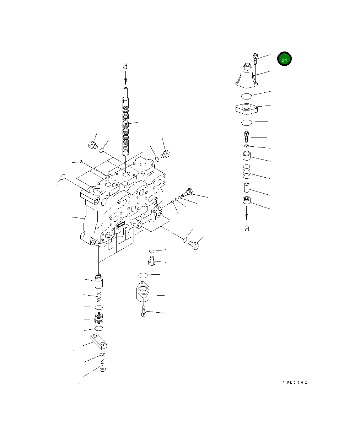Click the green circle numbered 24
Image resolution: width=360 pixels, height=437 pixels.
click(x=284, y=59)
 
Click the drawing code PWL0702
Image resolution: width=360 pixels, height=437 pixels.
click(x=295, y=383)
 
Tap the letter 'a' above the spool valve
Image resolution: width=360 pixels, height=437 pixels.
click(x=125, y=66)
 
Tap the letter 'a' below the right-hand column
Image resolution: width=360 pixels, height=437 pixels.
click(x=247, y=228)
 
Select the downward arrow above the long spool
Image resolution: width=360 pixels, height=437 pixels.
click(x=126, y=78)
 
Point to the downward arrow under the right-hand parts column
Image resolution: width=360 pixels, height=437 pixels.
click(x=247, y=213)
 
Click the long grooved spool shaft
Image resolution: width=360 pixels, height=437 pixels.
click(x=125, y=122)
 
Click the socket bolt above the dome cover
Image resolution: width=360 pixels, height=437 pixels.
click(x=255, y=59)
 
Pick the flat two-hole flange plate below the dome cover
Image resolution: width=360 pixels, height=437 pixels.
click(x=247, y=109)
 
